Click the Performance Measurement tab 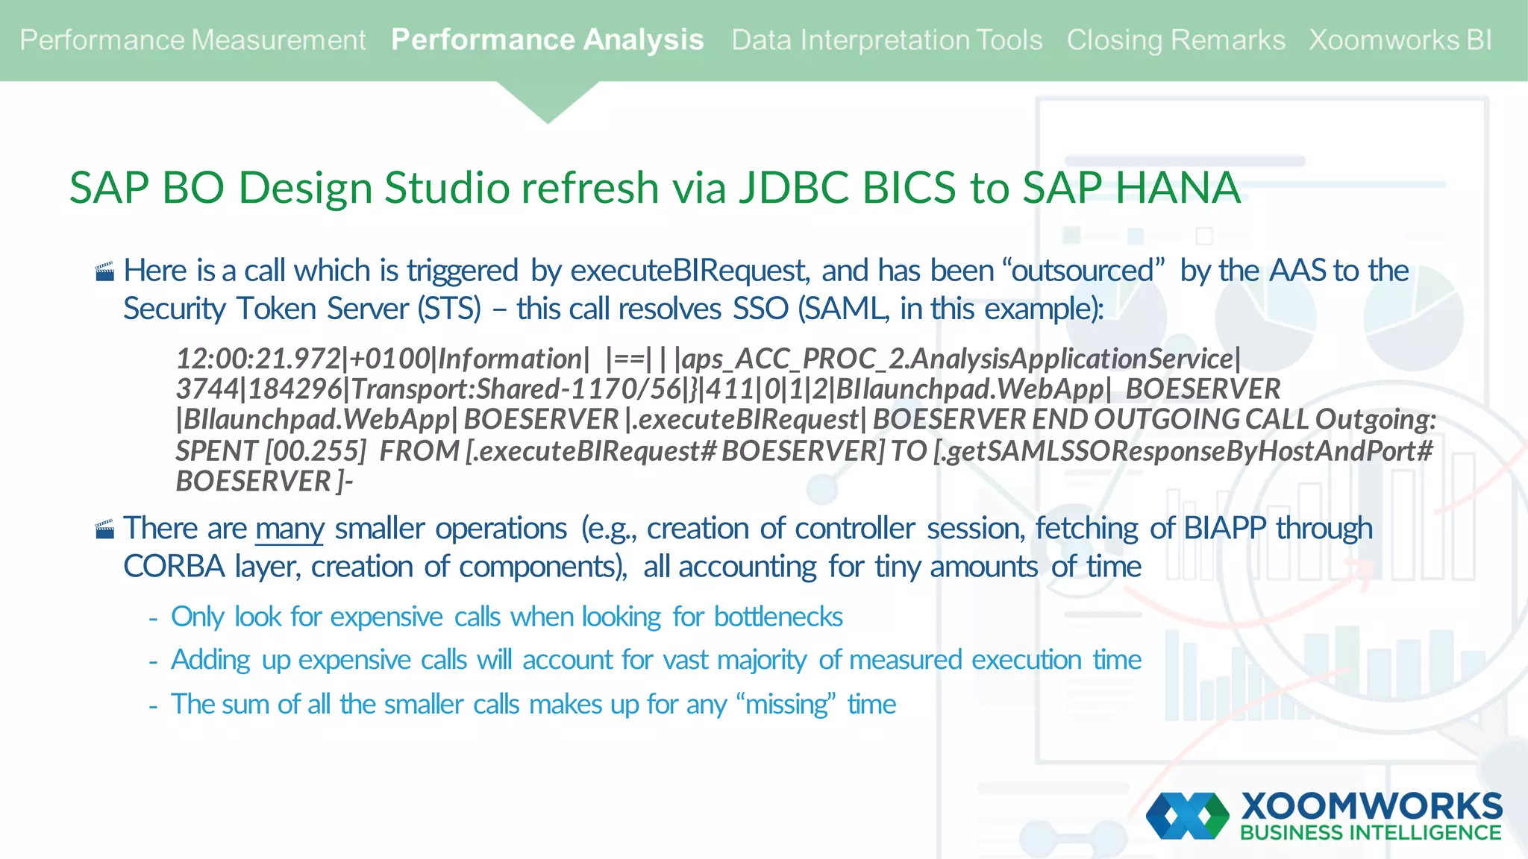coord(192,40)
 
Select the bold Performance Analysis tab coord(547,40)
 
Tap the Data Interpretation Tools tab coord(886,40)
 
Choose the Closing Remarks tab coord(1175,40)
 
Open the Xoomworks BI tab coord(1400,40)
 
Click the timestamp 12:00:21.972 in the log coord(258,359)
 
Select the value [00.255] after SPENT coord(316,451)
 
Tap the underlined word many coord(289,529)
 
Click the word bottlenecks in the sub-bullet coord(778,617)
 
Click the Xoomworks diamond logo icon coord(1186,816)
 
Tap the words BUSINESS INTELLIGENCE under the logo coord(1371,833)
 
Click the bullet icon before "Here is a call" coord(105,271)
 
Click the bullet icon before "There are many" coord(105,529)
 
